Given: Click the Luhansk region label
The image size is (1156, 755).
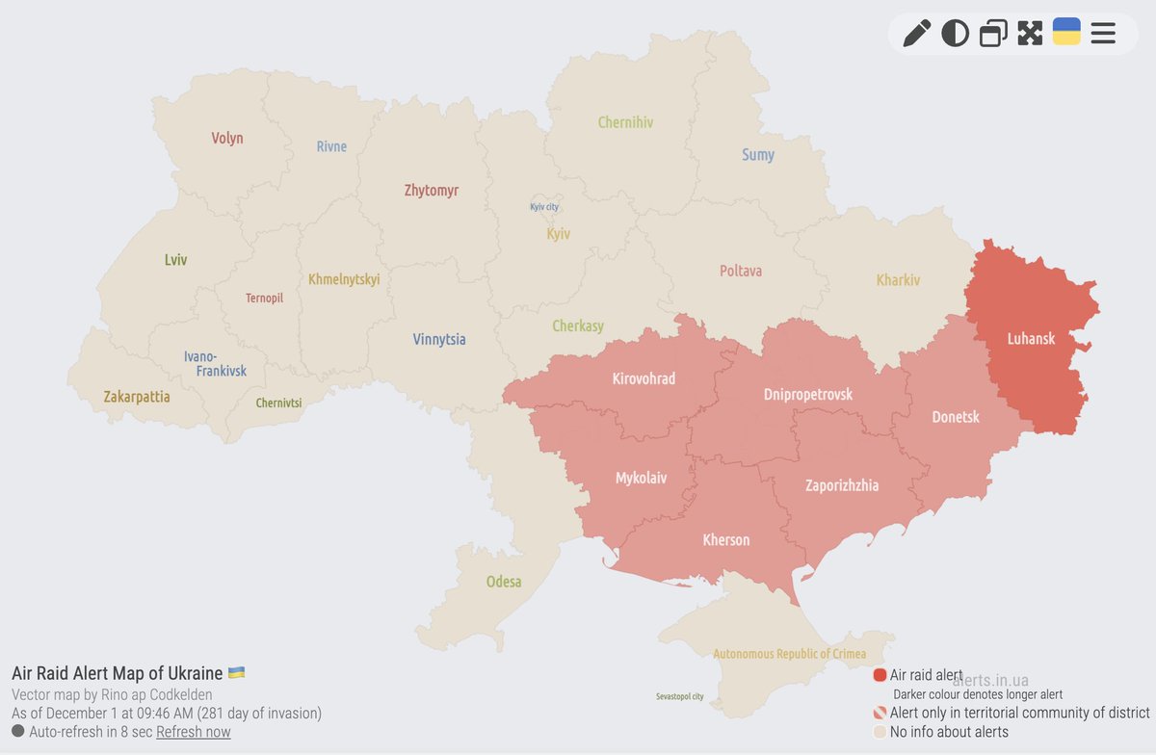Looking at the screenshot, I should point(1031,339).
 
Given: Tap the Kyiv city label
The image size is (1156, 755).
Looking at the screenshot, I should point(544,207).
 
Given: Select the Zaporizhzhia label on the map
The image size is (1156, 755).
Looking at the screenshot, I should point(842,485).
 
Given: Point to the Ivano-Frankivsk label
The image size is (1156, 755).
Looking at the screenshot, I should point(215,363).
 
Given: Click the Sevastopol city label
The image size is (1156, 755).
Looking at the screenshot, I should point(679,696).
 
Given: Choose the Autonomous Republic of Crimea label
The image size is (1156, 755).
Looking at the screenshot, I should point(790,654).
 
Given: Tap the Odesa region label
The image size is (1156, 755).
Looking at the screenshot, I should point(504,582).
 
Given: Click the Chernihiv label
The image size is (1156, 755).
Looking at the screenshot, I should point(625,122).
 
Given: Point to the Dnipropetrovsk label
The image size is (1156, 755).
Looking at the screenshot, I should point(807,394).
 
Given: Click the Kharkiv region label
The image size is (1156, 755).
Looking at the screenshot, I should point(898,280).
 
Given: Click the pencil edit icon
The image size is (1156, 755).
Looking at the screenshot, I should point(916,34).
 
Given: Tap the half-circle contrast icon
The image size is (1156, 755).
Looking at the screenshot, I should point(955,34).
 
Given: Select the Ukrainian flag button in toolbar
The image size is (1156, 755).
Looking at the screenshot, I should point(1066,32).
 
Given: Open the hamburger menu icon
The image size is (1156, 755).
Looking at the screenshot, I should point(1103,34).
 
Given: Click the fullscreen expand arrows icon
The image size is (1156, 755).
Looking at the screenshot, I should point(1030,34).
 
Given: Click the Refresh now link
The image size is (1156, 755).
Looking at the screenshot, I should point(194,732).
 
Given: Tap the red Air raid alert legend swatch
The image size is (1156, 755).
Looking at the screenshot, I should point(880,675).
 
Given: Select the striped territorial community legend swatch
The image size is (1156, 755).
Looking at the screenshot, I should point(880,714).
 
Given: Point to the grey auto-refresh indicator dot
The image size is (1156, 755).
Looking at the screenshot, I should point(18,732).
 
